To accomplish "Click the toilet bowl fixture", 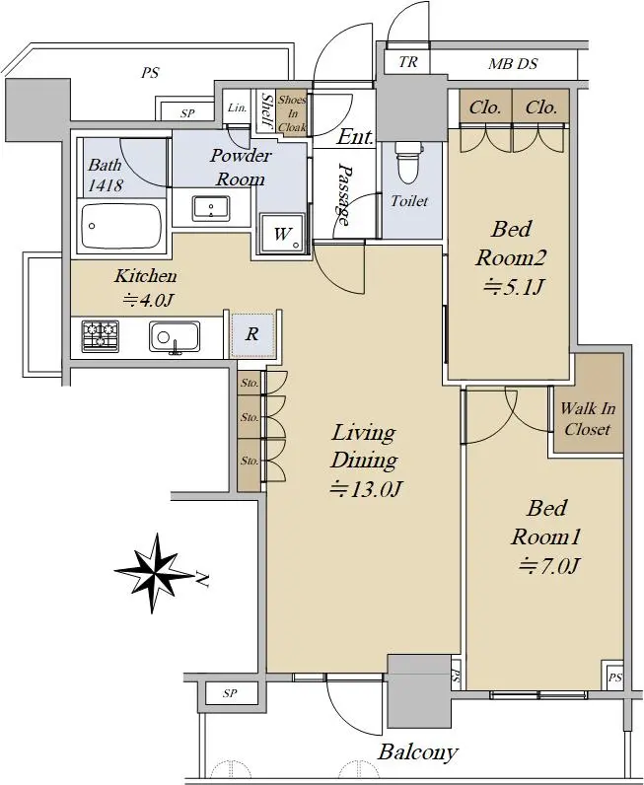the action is (409, 162).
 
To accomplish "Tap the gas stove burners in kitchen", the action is (101, 336).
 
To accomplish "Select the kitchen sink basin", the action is (175, 337).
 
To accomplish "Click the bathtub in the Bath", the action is (121, 226).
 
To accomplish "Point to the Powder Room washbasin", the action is (211, 208).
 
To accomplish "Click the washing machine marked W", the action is (282, 234).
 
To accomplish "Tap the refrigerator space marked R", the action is (251, 334).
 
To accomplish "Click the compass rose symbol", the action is (154, 573).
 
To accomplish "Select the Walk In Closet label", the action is (588, 418).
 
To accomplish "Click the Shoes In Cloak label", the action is (292, 113).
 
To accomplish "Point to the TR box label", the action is (408, 61).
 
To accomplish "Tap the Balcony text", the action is (418, 752).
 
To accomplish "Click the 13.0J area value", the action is (367, 488).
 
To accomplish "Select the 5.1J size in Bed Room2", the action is (513, 287).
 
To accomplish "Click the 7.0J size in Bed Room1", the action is (549, 566).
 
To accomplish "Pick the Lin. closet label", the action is (237, 107).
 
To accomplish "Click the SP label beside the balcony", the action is (230, 693).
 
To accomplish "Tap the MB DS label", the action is (513, 63).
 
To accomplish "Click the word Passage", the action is (343, 193).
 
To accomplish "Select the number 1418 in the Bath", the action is (106, 185).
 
